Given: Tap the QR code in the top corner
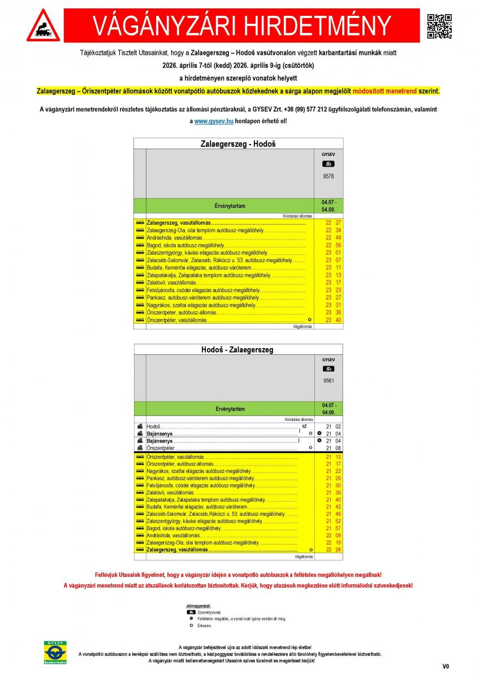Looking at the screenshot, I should coord(439,25).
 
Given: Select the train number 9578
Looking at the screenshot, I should coord(328,176).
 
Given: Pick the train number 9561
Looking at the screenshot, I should coord(328,380).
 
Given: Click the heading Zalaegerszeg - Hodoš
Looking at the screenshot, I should coord(238,144).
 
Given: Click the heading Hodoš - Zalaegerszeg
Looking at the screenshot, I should coord(238,349).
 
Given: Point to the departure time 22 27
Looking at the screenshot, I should coord(333,223).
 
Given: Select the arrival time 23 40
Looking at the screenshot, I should coord(333,320).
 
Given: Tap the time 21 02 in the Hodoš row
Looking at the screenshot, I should coord(334,427).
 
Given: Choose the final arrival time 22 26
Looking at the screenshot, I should coord(333,550).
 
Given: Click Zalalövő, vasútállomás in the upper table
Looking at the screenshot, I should coord(171,282).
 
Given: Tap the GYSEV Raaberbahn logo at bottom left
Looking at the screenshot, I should coord(57,653).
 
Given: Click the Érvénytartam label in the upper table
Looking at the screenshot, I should coord(230,206).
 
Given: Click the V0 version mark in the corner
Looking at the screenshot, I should coord(446,667).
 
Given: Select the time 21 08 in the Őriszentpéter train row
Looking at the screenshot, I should coord(334,448).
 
